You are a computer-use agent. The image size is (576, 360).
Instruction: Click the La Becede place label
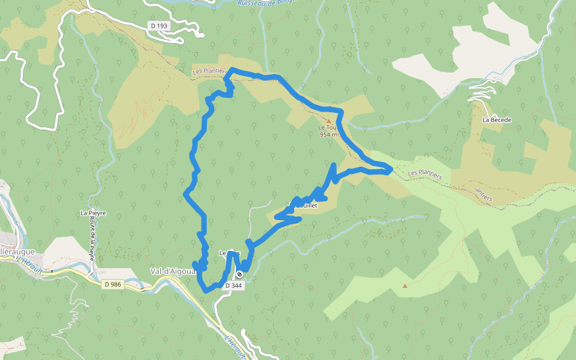497,120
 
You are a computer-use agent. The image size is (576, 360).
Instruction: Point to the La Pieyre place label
93,213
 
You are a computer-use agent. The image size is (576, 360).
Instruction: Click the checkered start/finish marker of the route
239,275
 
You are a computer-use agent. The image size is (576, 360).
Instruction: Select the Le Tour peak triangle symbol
328,121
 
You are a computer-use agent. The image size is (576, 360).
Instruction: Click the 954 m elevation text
328,134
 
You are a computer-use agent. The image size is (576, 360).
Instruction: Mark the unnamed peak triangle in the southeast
405,286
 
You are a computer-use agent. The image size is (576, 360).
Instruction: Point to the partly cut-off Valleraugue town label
17,252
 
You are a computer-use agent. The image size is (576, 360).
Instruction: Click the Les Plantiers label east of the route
425,175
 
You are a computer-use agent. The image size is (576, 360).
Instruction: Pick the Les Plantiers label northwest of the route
209,71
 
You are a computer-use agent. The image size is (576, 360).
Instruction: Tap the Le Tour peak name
328,128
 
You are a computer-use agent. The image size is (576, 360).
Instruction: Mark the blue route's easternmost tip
391,169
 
